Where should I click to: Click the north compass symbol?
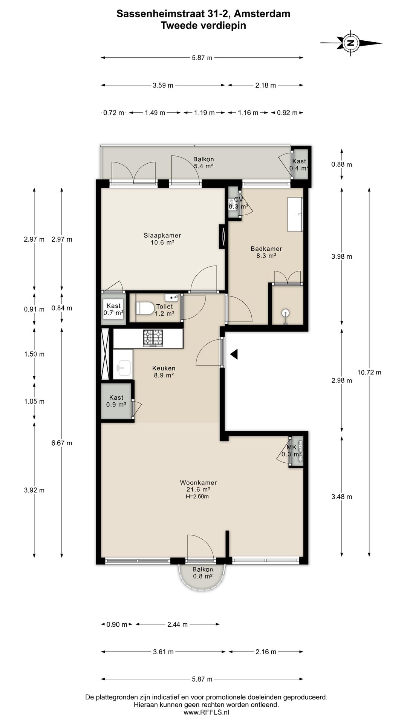(x=351, y=43)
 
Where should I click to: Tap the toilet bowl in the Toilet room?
(x=145, y=308)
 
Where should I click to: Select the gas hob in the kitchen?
(x=153, y=338)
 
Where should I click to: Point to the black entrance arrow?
(x=234, y=354)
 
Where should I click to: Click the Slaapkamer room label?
(x=162, y=235)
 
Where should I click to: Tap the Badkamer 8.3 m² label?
(x=266, y=252)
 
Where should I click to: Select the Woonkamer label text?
(x=198, y=482)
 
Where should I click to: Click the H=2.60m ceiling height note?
(x=197, y=497)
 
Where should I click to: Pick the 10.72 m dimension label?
(x=369, y=373)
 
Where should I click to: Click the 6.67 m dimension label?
(x=62, y=443)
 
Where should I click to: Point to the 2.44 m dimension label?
(x=177, y=624)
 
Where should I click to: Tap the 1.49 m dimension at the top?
(x=155, y=113)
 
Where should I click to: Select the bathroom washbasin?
(x=295, y=214)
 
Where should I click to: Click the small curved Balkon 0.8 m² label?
(x=203, y=573)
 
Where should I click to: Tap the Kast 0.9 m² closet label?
(x=116, y=401)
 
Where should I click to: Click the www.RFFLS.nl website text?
(x=206, y=712)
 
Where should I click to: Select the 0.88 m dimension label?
(x=342, y=164)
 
